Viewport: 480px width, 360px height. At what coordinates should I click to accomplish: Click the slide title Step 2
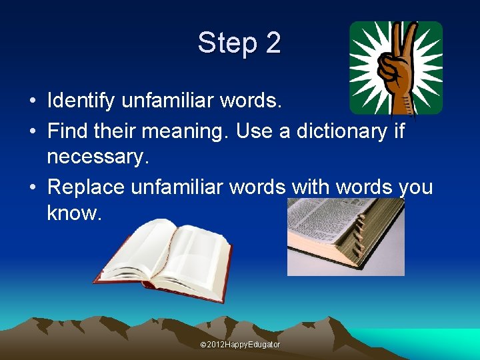pos(239,43)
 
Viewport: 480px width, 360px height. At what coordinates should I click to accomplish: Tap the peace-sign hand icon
pos(396,67)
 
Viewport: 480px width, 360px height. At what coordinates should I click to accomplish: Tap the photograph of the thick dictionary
pos(345,237)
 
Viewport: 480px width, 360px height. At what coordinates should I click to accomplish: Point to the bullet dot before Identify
pos(33,101)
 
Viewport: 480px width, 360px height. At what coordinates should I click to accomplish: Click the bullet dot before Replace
pos(33,188)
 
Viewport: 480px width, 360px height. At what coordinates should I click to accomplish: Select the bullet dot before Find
pos(33,131)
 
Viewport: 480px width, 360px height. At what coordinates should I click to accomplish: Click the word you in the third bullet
pos(415,187)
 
